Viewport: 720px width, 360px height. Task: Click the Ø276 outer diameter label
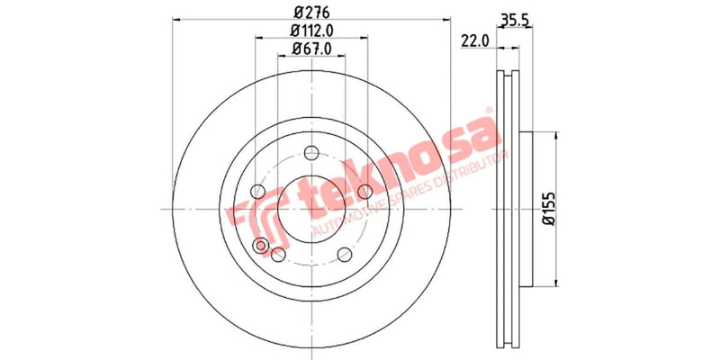click(x=310, y=11)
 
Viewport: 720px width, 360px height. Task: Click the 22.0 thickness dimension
click(x=473, y=40)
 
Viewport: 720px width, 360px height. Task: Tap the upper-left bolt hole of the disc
click(x=257, y=191)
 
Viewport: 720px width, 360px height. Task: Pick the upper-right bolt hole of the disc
click(x=364, y=191)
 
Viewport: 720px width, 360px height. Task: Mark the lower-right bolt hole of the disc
click(x=344, y=254)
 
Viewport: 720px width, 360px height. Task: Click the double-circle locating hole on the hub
click(x=263, y=247)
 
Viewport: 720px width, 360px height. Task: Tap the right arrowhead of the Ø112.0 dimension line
click(x=364, y=39)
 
